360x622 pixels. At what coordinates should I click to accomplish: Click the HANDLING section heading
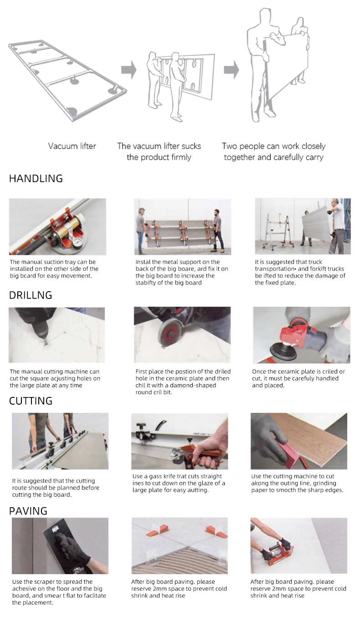[36, 179]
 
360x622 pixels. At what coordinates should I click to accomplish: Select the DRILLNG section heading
[31, 295]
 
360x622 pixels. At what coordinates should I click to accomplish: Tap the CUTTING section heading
[31, 401]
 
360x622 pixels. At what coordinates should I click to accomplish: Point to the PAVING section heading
[28, 511]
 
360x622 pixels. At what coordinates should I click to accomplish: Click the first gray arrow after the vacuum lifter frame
[129, 70]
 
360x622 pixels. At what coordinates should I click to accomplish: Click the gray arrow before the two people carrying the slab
[231, 70]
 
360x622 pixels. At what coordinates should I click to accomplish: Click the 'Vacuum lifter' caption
[72, 146]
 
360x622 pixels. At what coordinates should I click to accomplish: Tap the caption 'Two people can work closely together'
[273, 152]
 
